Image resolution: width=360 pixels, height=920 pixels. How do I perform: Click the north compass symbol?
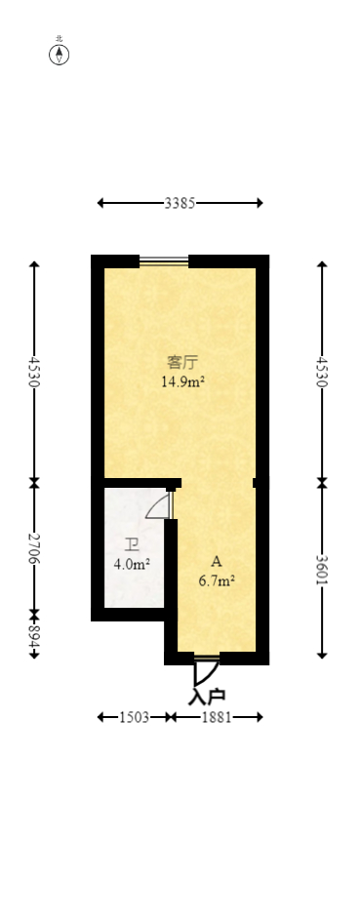tap(60, 55)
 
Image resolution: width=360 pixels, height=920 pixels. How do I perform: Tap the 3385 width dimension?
tap(180, 204)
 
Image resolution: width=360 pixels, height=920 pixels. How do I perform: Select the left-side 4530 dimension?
tap(34, 372)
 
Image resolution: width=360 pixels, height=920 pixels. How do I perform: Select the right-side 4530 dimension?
tap(322, 372)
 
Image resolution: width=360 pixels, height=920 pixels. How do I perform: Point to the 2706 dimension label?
tap(34, 548)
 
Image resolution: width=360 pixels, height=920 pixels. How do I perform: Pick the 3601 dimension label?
tap(322, 569)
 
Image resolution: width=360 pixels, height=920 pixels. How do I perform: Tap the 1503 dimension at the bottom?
tap(133, 717)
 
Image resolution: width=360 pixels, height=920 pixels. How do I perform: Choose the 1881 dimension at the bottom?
tap(217, 717)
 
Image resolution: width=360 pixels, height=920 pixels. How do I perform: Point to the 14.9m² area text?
tap(182, 382)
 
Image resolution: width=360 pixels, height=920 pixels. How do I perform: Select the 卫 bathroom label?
tap(131, 545)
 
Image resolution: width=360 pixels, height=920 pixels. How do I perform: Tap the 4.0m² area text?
tap(131, 564)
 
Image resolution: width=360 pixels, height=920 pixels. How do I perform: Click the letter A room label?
tap(217, 562)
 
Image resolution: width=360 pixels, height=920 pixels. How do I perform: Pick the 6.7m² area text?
tap(217, 581)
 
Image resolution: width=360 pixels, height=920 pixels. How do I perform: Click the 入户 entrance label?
tap(207, 697)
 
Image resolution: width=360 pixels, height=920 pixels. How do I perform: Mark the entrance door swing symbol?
tap(205, 671)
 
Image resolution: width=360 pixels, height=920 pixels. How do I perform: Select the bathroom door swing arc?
tap(159, 507)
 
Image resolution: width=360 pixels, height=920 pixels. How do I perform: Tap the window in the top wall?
tap(164, 260)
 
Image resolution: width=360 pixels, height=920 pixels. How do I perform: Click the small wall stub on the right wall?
tap(256, 482)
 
